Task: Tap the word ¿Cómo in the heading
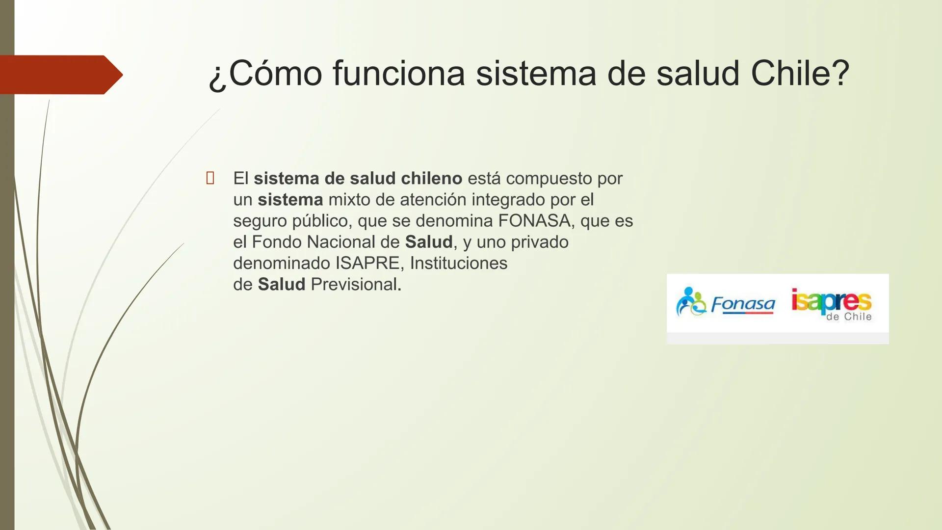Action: (x=265, y=74)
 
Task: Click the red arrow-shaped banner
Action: (x=59, y=75)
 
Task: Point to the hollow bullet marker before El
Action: (x=210, y=178)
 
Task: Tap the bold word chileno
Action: (x=431, y=178)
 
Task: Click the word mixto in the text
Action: (x=349, y=200)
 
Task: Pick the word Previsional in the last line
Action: (x=356, y=284)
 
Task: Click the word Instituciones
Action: (x=458, y=263)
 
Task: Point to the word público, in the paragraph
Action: (x=322, y=221)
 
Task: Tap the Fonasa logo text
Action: (x=743, y=304)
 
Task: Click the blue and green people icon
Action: (x=690, y=302)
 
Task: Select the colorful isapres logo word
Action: (x=831, y=300)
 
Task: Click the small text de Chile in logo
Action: (x=849, y=317)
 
